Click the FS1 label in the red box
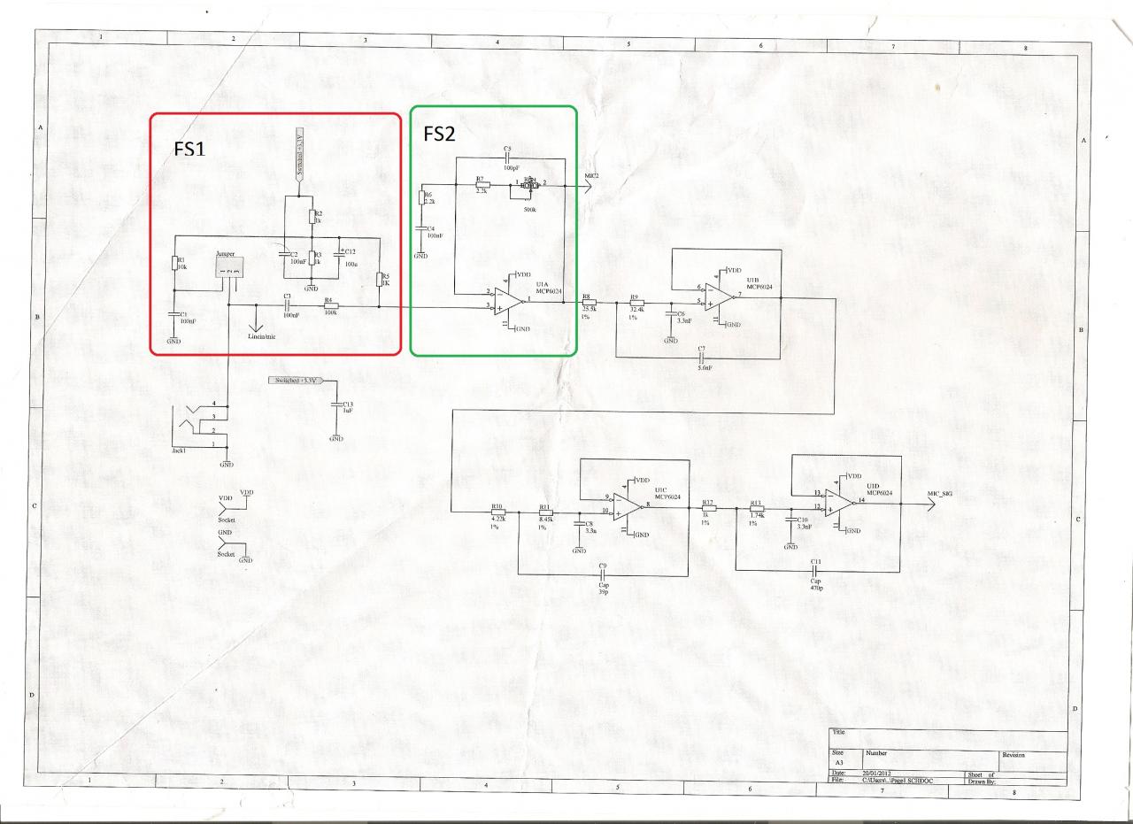189,148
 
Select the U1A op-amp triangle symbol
510,301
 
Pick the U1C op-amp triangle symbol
627,504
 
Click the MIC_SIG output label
939,494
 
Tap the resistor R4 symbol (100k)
331,306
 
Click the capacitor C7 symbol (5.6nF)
700,358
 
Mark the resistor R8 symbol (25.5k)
589,302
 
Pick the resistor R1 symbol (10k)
174,261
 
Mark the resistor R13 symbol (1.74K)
757,509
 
